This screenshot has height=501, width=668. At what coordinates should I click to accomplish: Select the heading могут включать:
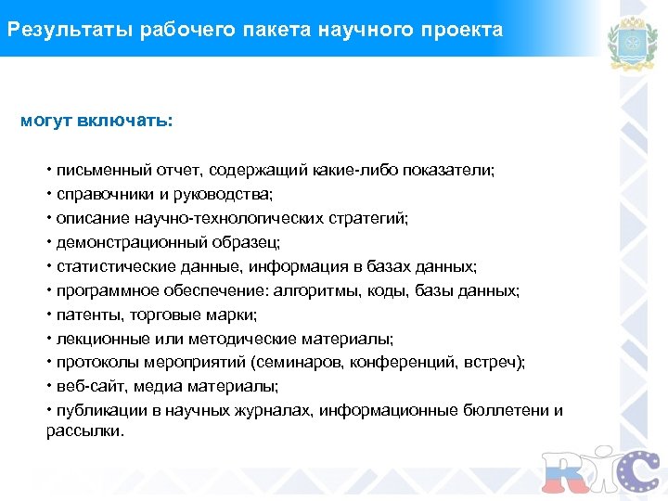[96, 122]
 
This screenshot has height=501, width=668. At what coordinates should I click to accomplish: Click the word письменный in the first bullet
[98, 171]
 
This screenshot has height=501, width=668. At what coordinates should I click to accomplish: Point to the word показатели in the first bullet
[453, 171]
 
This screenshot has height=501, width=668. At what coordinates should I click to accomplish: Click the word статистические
[108, 267]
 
